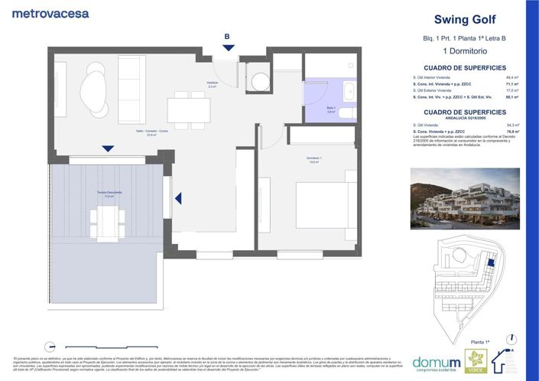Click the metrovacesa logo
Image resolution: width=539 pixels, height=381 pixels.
point(50,13)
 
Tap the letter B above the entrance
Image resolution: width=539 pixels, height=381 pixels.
point(226,35)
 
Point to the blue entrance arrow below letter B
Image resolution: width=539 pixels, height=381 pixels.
point(226,48)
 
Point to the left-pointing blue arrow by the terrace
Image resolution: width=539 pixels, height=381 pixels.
point(178,199)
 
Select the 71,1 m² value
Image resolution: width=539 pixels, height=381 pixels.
point(511,84)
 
